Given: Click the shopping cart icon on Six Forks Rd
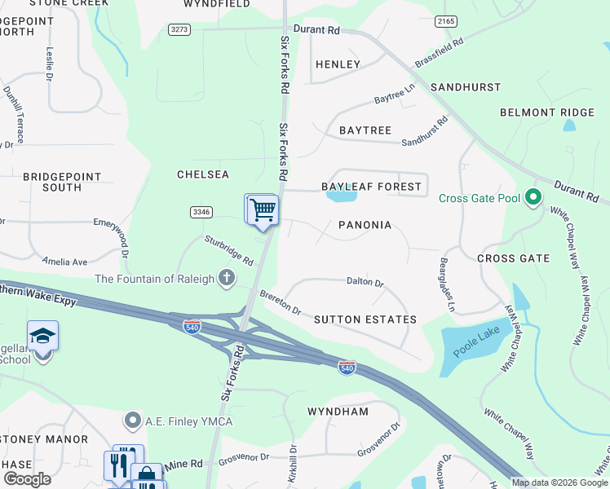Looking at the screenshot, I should point(263,209).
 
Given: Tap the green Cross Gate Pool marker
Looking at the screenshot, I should point(533,198).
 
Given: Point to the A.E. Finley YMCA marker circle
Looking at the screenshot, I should point(132,421).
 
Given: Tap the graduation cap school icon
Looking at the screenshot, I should point(42,336).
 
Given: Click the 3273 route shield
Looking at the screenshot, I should point(179,29).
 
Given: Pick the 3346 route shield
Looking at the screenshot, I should point(201,212).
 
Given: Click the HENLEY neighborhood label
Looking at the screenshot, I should point(338,64).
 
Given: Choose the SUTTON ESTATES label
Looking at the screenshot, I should point(365,320).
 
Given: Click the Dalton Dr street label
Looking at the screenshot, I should point(365,282).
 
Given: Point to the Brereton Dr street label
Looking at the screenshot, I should point(281,302).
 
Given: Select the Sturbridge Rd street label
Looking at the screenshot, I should point(228,250).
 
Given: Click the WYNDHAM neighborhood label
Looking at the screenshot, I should point(338,412).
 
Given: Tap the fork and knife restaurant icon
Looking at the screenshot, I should point(119,465).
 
